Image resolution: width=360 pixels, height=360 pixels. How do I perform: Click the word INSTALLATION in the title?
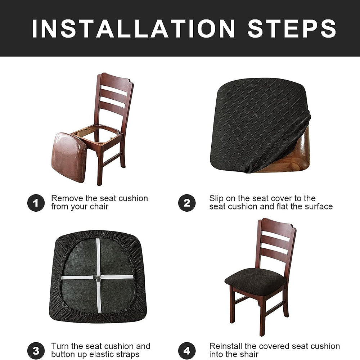click(134, 28)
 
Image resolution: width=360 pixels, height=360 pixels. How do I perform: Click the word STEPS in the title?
click(292, 28)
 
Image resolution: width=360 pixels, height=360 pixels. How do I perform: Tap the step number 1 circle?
click(36, 203)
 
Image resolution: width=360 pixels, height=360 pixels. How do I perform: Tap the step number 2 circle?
click(187, 203)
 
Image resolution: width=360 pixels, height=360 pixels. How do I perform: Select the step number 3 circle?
click(36, 351)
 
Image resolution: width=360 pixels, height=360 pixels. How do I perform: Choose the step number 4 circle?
click(187, 351)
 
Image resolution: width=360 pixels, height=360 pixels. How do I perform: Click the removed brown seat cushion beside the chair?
click(69, 158)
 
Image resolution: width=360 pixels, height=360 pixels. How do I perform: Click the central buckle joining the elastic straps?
click(98, 278)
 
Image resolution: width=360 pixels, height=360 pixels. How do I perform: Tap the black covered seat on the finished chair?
click(255, 282)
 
